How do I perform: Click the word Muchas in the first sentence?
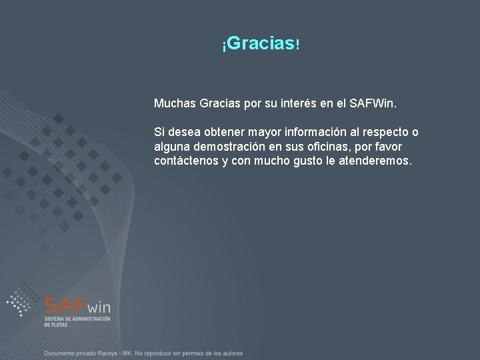point(175,105)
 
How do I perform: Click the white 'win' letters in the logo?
point(98,307)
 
